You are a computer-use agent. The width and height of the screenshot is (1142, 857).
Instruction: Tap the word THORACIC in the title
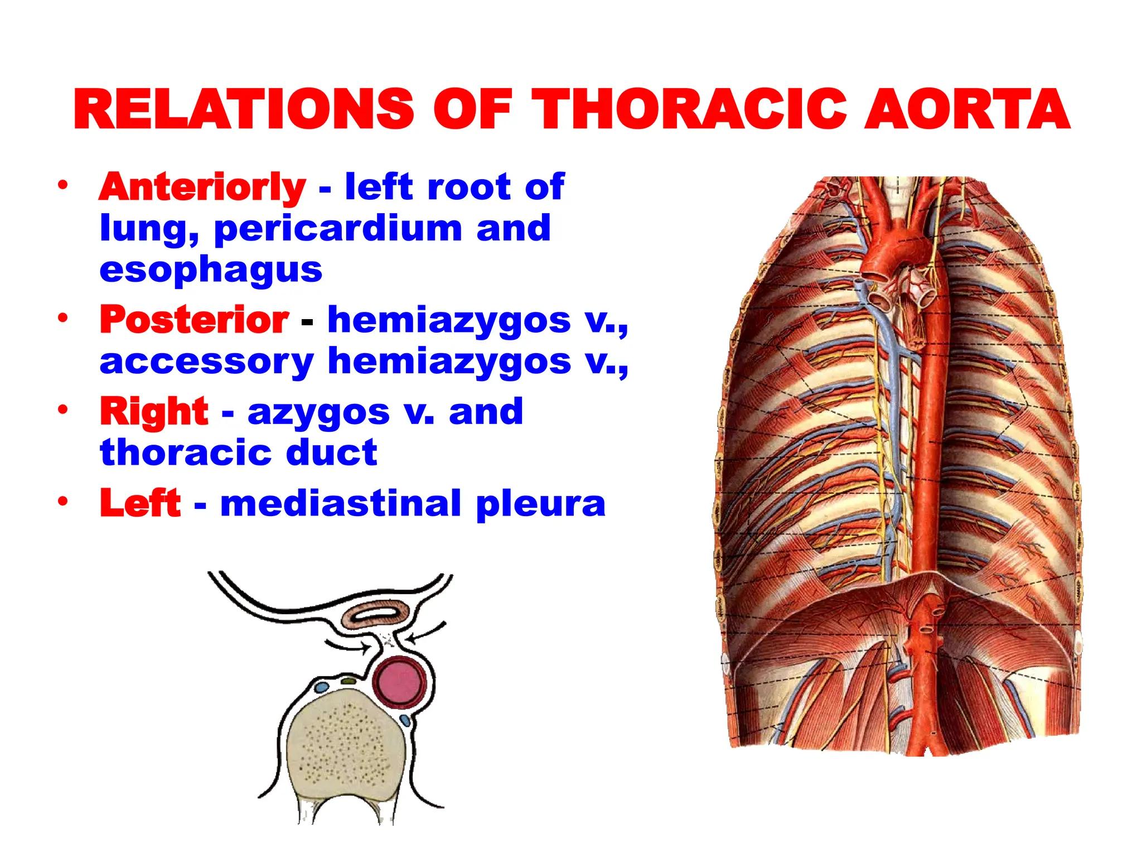click(689, 109)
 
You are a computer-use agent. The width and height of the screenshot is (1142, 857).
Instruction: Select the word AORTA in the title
click(967, 109)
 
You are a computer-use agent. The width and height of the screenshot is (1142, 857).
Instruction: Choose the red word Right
click(154, 411)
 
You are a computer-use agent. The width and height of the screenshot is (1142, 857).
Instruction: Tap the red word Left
click(141, 503)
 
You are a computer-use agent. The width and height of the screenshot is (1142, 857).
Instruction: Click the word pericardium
click(338, 229)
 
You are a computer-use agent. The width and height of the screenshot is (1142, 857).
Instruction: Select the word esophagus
click(211, 270)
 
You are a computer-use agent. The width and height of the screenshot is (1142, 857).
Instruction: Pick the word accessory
click(206, 362)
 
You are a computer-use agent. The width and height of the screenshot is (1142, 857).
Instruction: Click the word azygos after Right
click(318, 412)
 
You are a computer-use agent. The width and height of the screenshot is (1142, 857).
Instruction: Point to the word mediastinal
click(341, 503)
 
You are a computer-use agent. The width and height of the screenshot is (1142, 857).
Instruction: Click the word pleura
click(540, 504)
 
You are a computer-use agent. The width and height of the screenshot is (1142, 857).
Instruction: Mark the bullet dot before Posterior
click(63, 318)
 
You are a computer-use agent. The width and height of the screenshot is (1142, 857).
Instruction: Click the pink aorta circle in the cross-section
click(399, 682)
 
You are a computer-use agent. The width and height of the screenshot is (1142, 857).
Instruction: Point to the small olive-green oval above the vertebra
click(349, 681)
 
